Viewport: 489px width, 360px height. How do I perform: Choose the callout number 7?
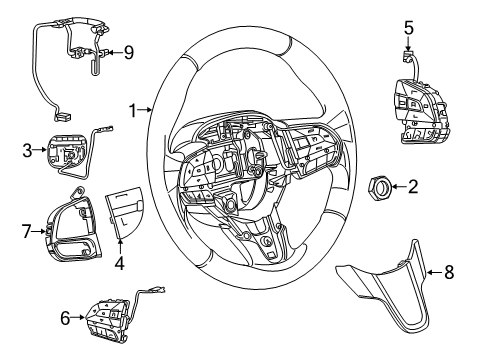point(26,231)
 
